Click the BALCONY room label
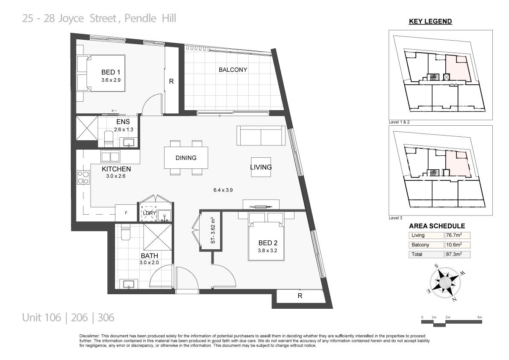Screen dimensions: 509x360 coord(233,70)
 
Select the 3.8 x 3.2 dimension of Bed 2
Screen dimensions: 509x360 coord(268,251)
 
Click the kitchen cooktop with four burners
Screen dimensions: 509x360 coord(83,177)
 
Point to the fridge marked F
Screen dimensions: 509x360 coord(126,213)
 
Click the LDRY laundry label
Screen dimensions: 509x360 coord(149,213)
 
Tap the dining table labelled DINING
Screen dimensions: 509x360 coord(186,158)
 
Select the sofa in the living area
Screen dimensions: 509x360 coord(261,136)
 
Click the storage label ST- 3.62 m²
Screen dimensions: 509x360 coord(213,230)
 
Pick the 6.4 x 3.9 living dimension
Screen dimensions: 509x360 coord(223,190)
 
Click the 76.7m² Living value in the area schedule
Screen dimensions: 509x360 coord(454,235)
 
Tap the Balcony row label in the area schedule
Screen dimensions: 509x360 coord(421,245)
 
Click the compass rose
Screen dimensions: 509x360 coord(446,283)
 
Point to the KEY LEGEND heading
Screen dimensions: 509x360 coord(430,21)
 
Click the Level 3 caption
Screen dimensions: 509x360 coord(395,218)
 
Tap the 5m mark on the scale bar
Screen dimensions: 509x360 coord(480,317)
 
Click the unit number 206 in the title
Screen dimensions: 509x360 coord(79,317)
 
